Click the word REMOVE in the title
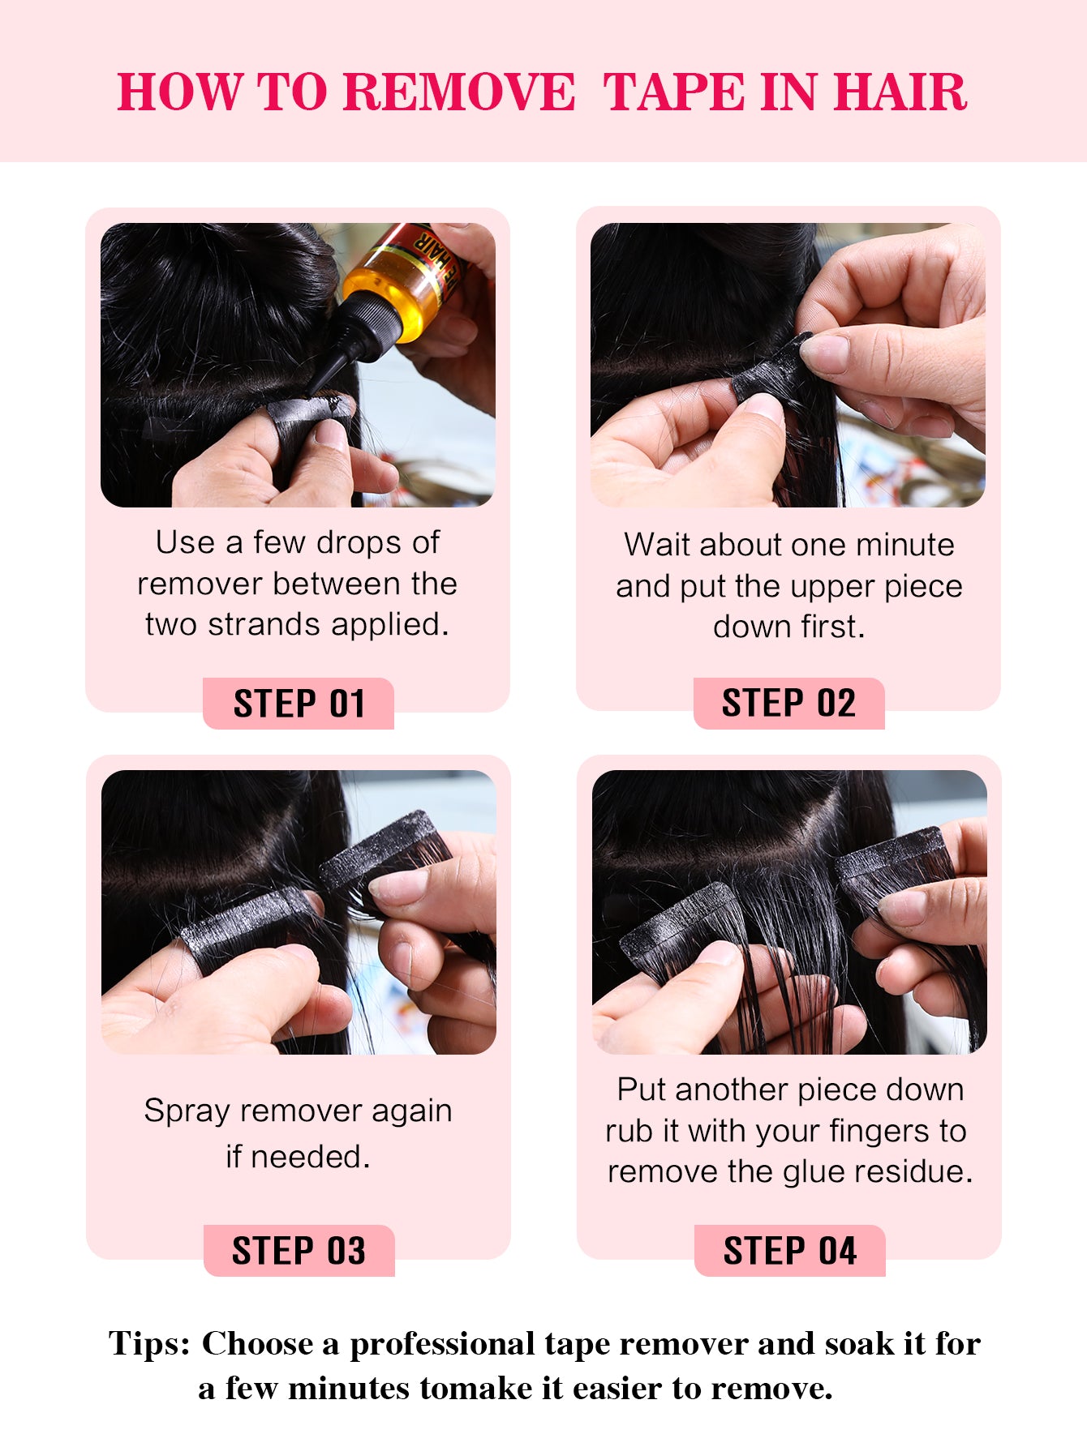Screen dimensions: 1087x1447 coord(459,91)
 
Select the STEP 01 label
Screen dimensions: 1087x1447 coord(299,704)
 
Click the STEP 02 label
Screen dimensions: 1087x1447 coord(788,703)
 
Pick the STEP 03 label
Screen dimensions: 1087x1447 coord(299,1251)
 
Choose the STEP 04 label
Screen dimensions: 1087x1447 coord(789,1251)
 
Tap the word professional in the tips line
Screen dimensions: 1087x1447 coord(442,1344)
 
